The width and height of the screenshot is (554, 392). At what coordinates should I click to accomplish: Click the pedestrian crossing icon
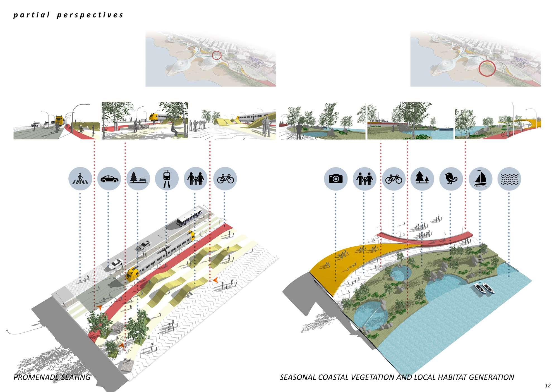[x=80, y=179]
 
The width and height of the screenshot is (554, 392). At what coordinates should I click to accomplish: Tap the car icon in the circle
[x=109, y=179]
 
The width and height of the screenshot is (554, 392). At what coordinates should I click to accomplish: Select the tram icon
[x=167, y=179]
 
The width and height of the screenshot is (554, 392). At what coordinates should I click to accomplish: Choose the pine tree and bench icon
[x=138, y=179]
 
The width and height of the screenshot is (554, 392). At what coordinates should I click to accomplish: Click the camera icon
[x=335, y=179]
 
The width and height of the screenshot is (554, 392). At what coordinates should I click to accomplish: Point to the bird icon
[x=451, y=179]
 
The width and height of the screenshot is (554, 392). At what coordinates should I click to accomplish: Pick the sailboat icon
[x=480, y=179]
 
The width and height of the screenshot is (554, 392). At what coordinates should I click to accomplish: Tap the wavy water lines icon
[x=509, y=179]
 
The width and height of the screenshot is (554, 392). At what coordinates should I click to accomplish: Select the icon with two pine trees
[x=422, y=179]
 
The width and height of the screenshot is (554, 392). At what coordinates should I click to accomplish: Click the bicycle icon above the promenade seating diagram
[x=225, y=179]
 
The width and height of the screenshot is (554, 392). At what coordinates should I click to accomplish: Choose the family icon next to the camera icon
[x=364, y=179]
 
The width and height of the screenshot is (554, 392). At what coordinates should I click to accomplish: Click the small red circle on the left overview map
[x=217, y=56]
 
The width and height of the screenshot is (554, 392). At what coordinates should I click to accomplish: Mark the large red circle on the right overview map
[x=487, y=68]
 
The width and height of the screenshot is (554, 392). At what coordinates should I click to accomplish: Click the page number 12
[x=547, y=386]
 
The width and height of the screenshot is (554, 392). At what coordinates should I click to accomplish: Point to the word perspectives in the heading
[x=90, y=15]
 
